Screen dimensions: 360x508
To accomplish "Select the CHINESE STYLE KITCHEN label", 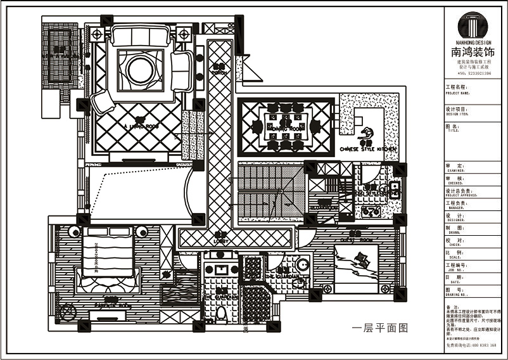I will click(368, 149).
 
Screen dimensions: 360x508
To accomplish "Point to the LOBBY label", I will click(220, 241).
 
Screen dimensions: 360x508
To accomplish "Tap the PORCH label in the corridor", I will click(220, 72).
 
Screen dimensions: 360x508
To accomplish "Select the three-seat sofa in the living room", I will click(141, 37).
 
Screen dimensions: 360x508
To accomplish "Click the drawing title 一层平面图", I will click(378, 328).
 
